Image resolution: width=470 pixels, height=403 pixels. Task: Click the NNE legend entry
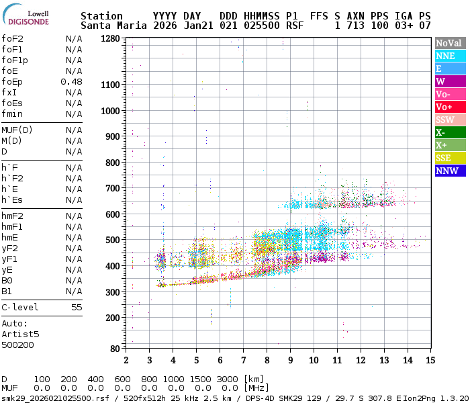tap(450, 56)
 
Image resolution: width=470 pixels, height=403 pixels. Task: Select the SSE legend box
tap(450, 159)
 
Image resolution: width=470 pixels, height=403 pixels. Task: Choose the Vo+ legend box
tap(450, 107)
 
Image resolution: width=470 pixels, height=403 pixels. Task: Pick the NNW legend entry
tap(450, 171)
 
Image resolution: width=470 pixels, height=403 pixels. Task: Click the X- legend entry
tap(450, 133)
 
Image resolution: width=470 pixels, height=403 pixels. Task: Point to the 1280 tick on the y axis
tap(109, 39)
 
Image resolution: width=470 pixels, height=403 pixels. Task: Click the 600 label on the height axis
tap(112, 214)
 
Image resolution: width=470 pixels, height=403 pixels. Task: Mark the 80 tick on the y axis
tap(115, 349)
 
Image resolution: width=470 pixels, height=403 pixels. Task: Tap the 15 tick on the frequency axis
tap(429, 360)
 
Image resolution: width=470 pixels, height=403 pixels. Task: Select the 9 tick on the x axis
tap(290, 360)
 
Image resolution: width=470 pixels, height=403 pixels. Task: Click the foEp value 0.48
tap(71, 82)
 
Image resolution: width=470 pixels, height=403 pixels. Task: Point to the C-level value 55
tap(77, 307)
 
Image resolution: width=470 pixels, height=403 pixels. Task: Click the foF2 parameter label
tap(13, 39)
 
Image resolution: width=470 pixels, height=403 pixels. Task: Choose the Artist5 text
tap(20, 334)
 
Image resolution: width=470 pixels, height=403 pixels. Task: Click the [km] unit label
tap(254, 379)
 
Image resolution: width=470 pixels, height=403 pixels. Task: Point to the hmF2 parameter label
tap(13, 216)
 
